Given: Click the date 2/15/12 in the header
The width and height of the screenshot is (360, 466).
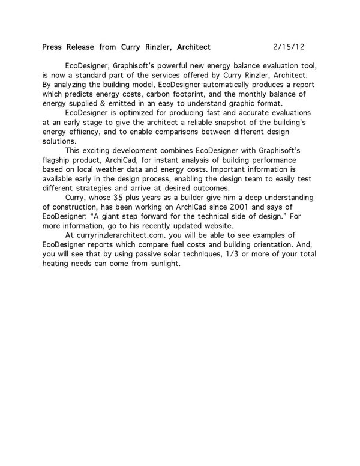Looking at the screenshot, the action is point(289,46).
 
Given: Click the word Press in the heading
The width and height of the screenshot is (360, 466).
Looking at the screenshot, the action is point(53,46).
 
